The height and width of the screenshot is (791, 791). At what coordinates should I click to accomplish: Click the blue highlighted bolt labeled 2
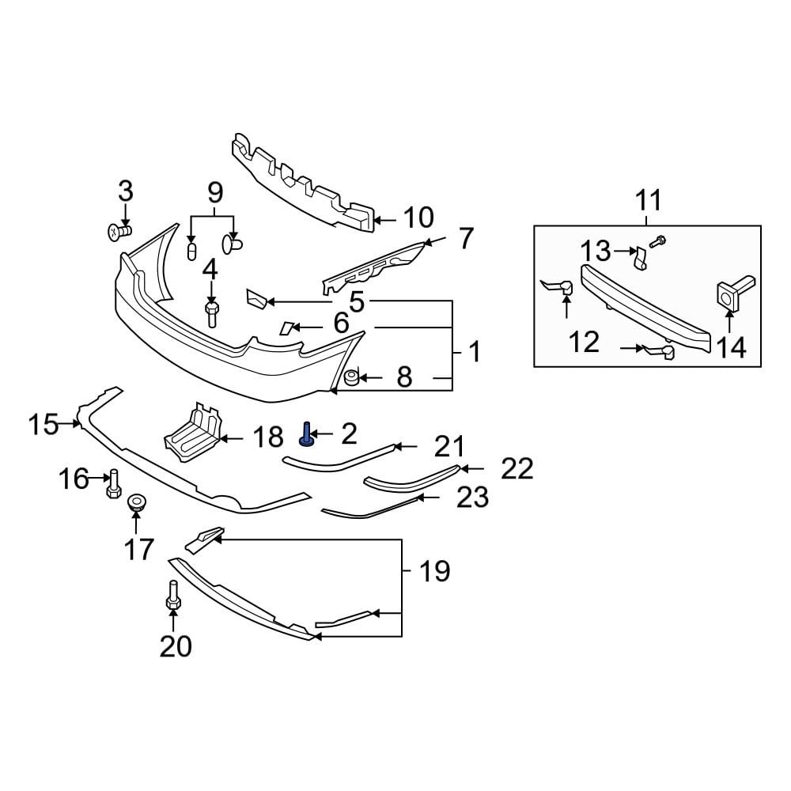(305, 434)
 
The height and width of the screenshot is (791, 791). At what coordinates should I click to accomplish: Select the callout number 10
(418, 218)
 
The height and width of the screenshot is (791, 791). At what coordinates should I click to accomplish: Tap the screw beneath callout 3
(119, 231)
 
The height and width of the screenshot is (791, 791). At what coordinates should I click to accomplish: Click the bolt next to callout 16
(113, 483)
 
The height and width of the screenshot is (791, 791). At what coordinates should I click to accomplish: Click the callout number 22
(517, 469)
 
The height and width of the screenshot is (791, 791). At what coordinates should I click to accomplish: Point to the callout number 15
(44, 426)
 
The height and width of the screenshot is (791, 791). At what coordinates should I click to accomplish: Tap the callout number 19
(434, 570)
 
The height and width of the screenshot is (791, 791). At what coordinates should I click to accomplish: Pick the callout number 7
(465, 237)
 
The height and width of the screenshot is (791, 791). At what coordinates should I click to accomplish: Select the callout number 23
(473, 498)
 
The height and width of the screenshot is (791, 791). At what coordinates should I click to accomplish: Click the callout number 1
(475, 352)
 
